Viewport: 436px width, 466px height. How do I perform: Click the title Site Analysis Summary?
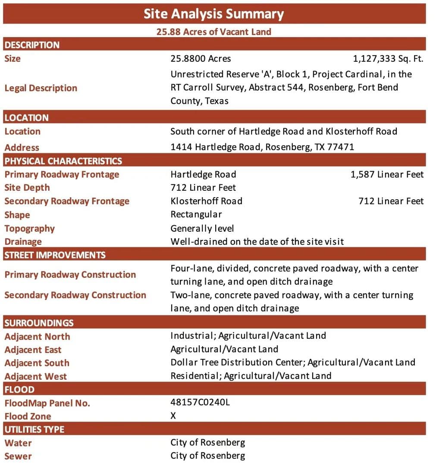[214, 14]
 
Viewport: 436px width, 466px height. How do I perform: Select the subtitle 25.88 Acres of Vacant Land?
[214, 31]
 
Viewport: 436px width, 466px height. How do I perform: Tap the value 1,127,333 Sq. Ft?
[388, 59]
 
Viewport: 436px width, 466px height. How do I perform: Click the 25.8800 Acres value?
[201, 59]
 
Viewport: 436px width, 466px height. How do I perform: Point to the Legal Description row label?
[41, 88]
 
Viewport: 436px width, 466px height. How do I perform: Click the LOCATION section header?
[27, 117]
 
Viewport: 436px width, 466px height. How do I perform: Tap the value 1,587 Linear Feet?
[387, 174]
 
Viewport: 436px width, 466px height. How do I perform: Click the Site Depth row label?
[27, 188]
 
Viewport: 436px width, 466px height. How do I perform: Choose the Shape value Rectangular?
[196, 214]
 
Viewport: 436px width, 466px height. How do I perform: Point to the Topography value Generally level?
[202, 228]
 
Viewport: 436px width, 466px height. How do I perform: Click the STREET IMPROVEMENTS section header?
[55, 255]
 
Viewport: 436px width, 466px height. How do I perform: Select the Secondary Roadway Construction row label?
[75, 295]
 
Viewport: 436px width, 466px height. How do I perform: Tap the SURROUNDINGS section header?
[39, 323]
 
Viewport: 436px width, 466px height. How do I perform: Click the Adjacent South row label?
[37, 363]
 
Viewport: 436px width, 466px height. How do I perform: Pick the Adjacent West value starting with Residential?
[251, 376]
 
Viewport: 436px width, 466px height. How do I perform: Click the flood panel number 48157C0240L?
[200, 403]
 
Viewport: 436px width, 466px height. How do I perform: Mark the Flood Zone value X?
[173, 416]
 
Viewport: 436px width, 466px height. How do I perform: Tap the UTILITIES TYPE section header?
[35, 429]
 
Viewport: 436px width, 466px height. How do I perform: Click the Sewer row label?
[18, 456]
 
